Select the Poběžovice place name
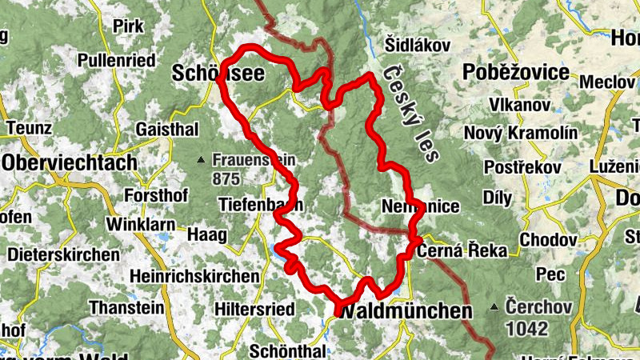(516, 73)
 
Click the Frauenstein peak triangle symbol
(202, 160)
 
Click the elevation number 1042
(526, 328)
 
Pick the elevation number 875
(227, 179)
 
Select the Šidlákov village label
(418, 44)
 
